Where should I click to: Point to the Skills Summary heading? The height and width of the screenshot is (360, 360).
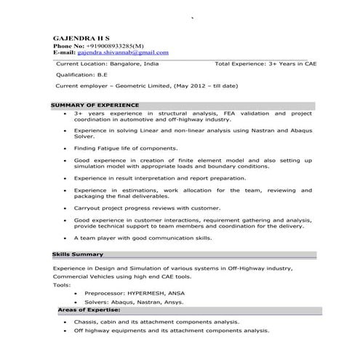[78, 255]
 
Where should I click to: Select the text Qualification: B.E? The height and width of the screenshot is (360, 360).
[81, 75]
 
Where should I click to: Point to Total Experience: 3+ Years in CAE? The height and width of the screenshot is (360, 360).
[266, 64]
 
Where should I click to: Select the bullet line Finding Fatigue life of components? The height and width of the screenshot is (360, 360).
[125, 148]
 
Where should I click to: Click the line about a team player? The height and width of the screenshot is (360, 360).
[143, 238]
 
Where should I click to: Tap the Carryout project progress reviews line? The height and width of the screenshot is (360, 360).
[146, 207]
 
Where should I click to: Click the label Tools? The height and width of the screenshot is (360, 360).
[62, 284]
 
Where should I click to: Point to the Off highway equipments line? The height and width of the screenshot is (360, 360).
[171, 330]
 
